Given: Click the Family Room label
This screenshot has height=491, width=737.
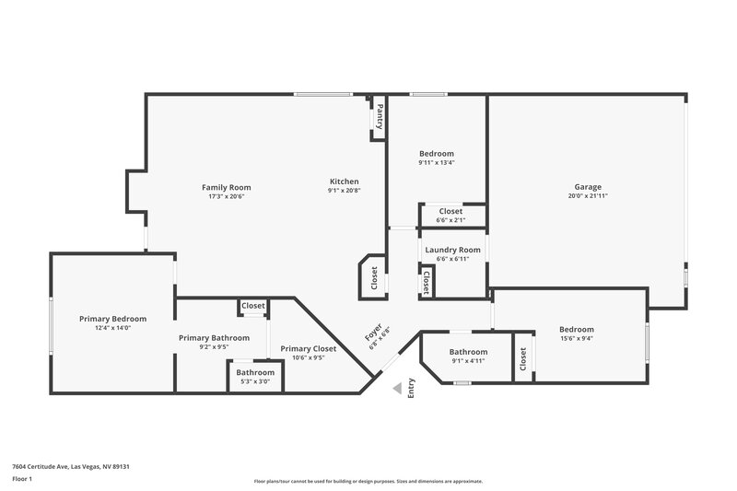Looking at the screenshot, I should pos(226,187).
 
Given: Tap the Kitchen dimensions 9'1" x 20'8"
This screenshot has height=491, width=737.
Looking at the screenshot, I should pos(344,191).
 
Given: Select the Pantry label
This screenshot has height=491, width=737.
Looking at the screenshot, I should pos(379,117).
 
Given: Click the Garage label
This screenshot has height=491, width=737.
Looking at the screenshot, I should pos(588,186).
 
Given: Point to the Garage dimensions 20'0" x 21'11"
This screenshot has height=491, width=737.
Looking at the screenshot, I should pos(588,195).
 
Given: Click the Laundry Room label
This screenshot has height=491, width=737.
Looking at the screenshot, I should pos(452,250).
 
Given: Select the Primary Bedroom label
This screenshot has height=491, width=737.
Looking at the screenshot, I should pos(112,319).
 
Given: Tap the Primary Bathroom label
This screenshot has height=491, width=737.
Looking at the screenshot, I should pos(214,337).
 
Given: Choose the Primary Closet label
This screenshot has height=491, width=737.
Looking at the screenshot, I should pos(308,348).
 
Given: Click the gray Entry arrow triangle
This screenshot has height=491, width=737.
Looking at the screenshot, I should pos(396,389).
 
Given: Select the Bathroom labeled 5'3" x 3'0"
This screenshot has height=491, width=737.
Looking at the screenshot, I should pos(255,372).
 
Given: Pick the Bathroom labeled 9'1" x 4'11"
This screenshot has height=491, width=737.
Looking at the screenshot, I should pos(468,352).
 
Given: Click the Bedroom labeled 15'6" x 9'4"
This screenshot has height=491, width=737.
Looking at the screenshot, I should pos(577,329).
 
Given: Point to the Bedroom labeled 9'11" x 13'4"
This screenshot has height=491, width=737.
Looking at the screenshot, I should pos(437,154).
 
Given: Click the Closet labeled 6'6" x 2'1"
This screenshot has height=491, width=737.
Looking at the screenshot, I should pos(450,211).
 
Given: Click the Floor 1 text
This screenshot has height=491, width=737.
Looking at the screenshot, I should pos(22,479).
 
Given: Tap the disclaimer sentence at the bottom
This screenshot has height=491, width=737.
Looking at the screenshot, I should pos(368,481).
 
